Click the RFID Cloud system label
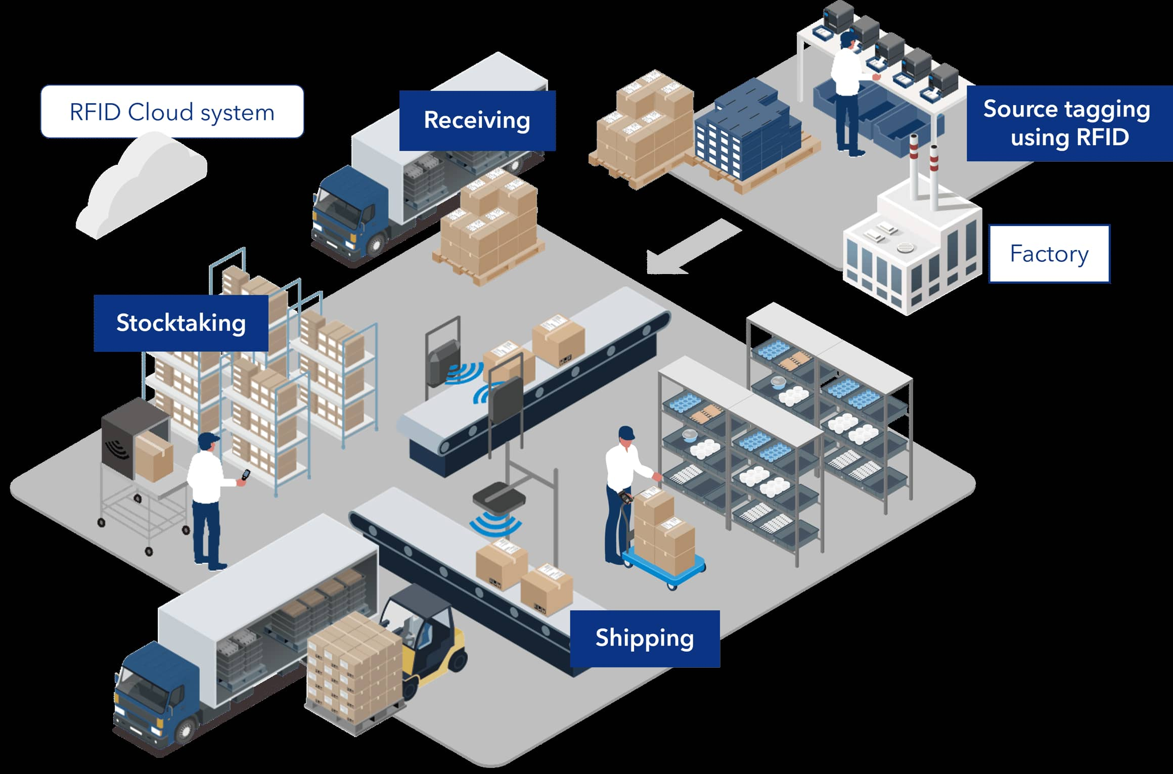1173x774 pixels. pos(172,112)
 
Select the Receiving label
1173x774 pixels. pos(477,120)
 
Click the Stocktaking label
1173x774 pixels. pos(181,323)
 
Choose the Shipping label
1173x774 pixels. pos(645,638)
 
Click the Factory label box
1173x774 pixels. pos(1049,254)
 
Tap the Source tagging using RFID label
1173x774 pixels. pos(1069,123)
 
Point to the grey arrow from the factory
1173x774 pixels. pos(693,248)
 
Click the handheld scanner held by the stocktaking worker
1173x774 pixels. pos(245,476)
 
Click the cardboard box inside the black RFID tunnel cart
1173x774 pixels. pos(154,458)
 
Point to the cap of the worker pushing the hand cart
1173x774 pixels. pos(626,433)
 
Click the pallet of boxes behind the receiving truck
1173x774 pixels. pos(488,227)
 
